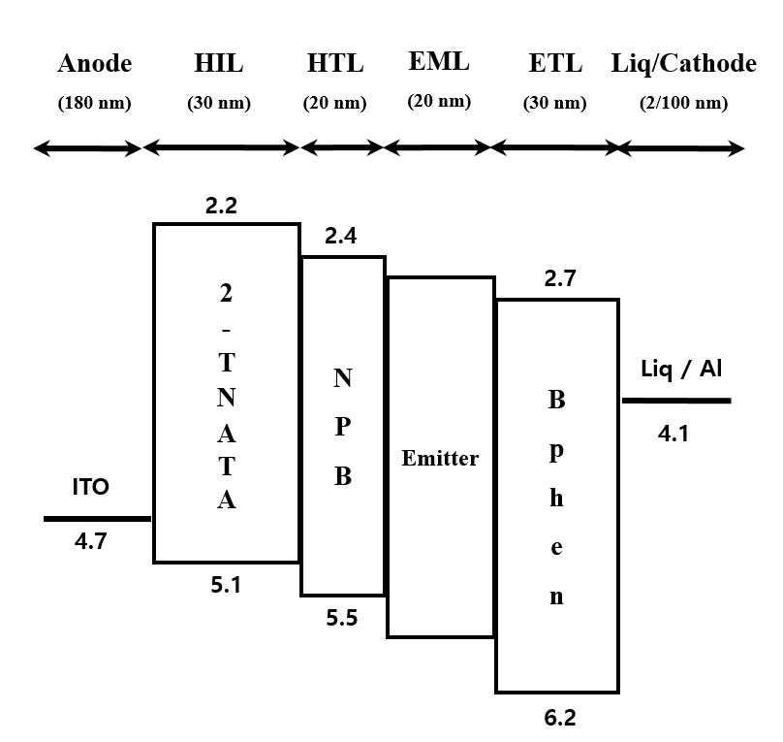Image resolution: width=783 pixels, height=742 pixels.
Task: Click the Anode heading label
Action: click(94, 65)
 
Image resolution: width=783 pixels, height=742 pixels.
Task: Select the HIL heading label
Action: click(218, 65)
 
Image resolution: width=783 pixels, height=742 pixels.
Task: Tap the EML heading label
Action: click(439, 63)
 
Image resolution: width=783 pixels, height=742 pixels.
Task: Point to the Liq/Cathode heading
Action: click(683, 65)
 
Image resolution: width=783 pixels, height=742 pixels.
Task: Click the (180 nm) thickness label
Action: click(94, 103)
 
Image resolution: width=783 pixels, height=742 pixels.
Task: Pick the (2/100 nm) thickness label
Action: click(683, 103)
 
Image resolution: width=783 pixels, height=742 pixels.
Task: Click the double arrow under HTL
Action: click(342, 148)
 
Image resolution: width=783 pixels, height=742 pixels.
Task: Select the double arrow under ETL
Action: click(555, 148)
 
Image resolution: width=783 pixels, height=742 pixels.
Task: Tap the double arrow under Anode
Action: click(87, 148)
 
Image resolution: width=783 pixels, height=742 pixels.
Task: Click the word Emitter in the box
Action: click(440, 458)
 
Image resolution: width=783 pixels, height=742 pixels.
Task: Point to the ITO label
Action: click(90, 487)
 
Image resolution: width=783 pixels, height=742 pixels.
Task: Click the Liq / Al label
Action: click(681, 369)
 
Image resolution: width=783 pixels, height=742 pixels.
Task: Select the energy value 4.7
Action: click(90, 541)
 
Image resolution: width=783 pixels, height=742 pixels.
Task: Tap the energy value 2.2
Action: click(221, 205)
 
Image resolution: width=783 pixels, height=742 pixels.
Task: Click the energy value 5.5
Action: click(341, 618)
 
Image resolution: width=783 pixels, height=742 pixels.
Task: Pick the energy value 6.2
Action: click(559, 718)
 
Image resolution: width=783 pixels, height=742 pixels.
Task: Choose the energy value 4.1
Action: click(673, 434)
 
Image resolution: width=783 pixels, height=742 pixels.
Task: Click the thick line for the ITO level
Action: click(97, 519)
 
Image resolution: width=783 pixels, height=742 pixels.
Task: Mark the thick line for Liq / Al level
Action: click(675, 400)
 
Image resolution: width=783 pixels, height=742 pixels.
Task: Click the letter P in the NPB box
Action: click(342, 427)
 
